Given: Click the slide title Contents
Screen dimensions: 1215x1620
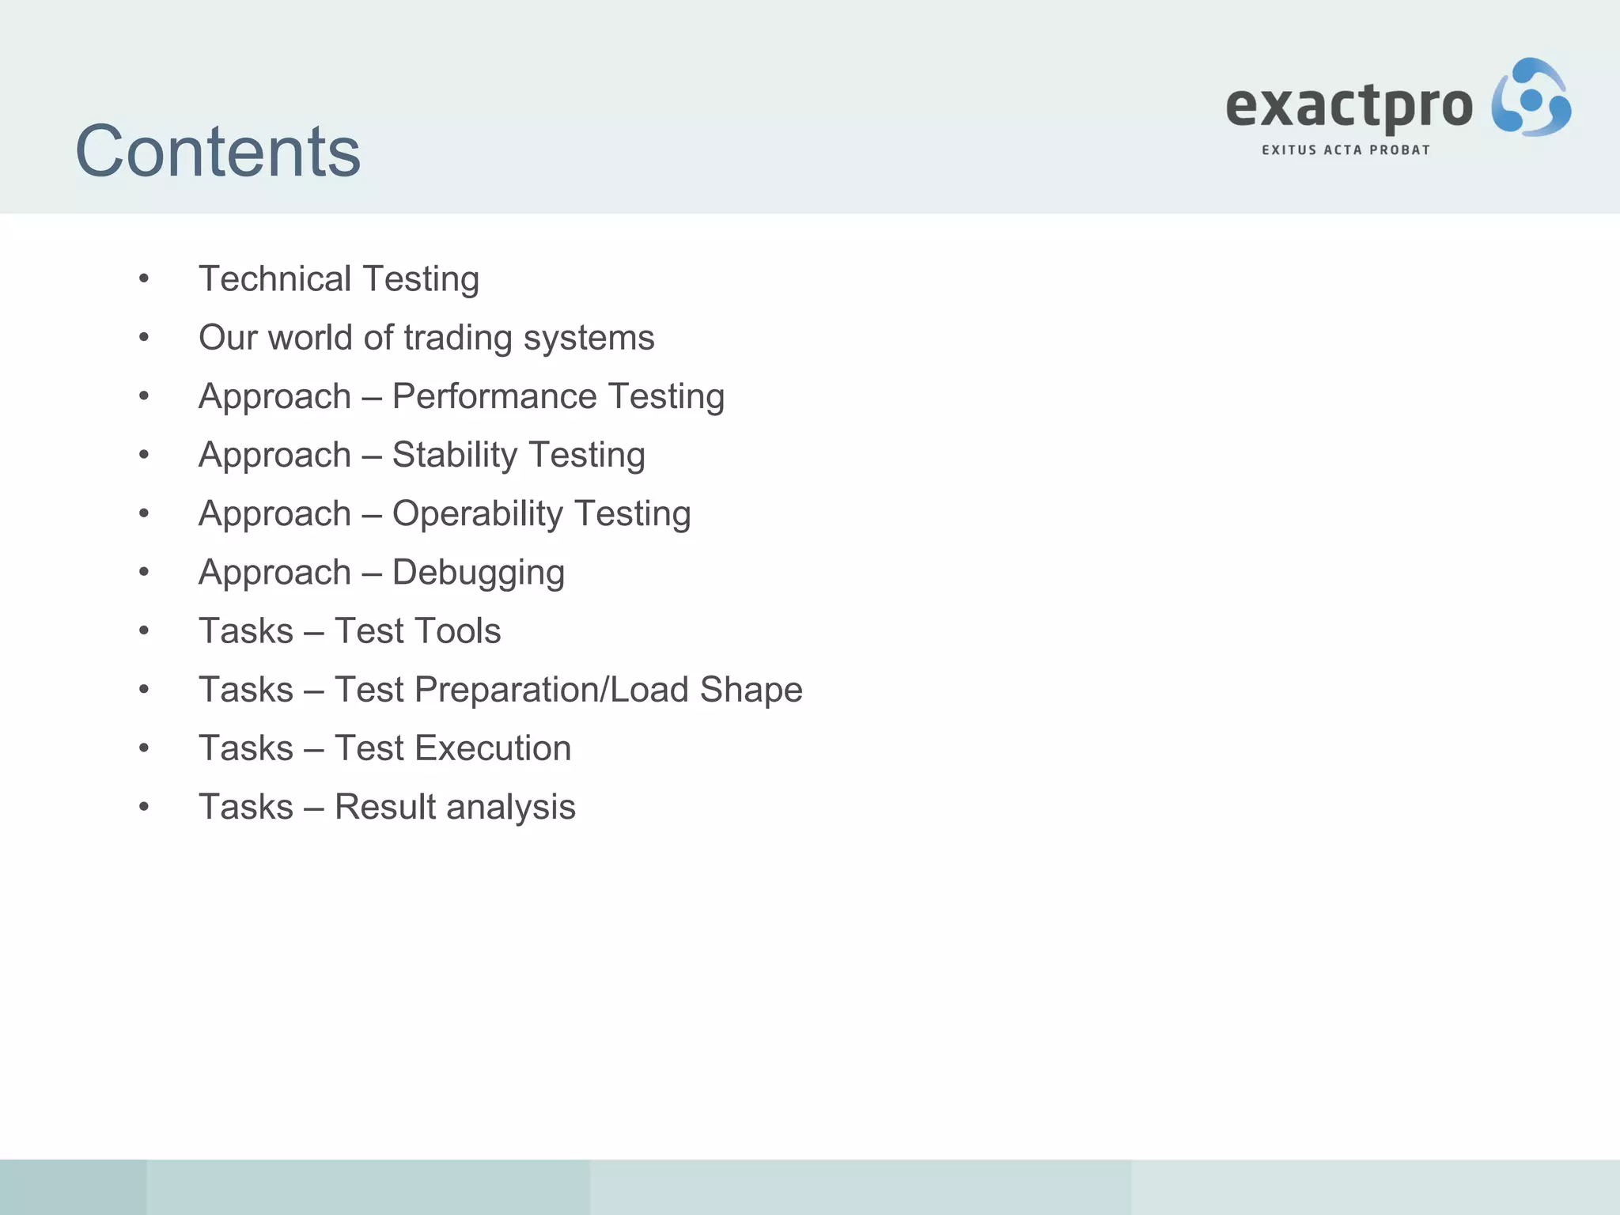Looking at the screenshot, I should tap(218, 151).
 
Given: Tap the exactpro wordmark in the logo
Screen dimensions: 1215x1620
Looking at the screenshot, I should tap(1349, 107).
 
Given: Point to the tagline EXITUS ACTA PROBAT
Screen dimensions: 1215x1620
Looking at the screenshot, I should tap(1346, 150).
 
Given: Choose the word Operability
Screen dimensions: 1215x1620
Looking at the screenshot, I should tap(477, 513).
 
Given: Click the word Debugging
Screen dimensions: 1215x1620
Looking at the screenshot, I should tap(478, 573).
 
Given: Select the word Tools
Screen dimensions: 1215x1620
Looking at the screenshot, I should tap(458, 631).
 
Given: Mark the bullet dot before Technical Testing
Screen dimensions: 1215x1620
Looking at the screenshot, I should tap(144, 278).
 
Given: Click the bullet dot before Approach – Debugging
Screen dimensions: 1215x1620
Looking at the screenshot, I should tap(144, 572).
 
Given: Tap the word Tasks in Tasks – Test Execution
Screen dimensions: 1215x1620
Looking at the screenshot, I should tap(246, 748).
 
